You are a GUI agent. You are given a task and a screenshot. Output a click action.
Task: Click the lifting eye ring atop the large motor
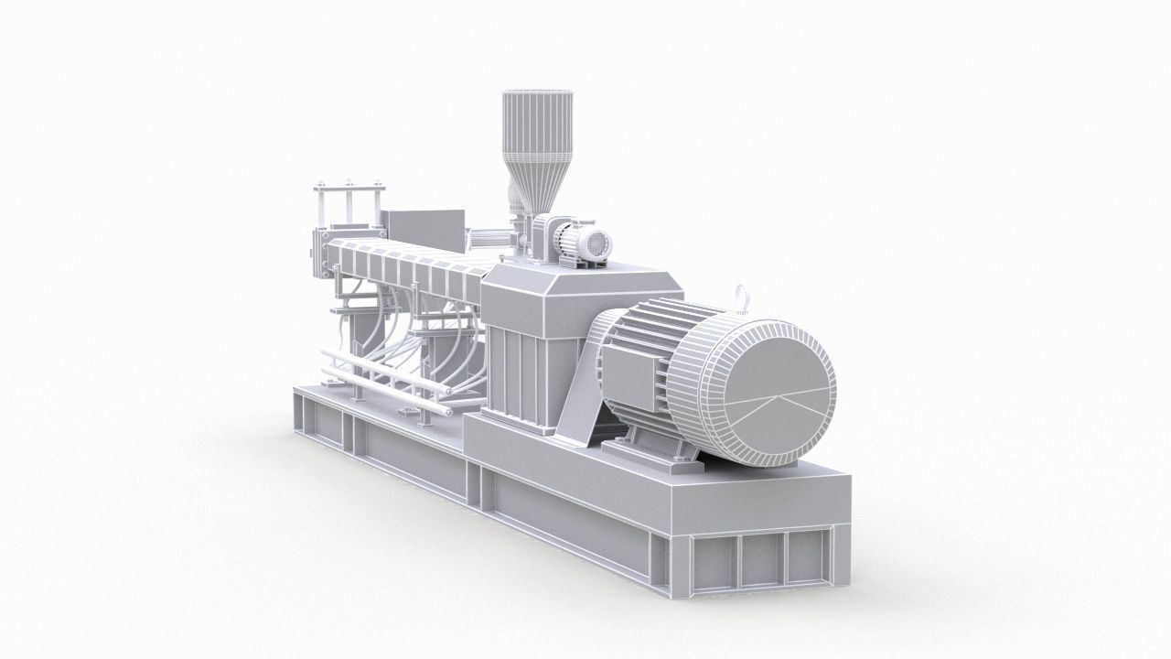tap(741, 296)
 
